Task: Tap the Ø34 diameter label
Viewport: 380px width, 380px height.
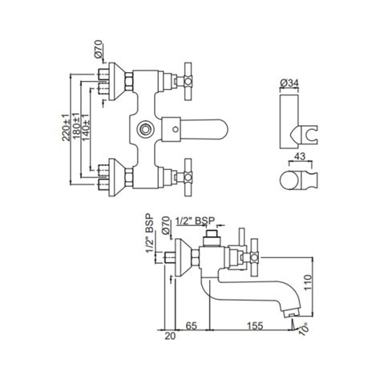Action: (x=293, y=82)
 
